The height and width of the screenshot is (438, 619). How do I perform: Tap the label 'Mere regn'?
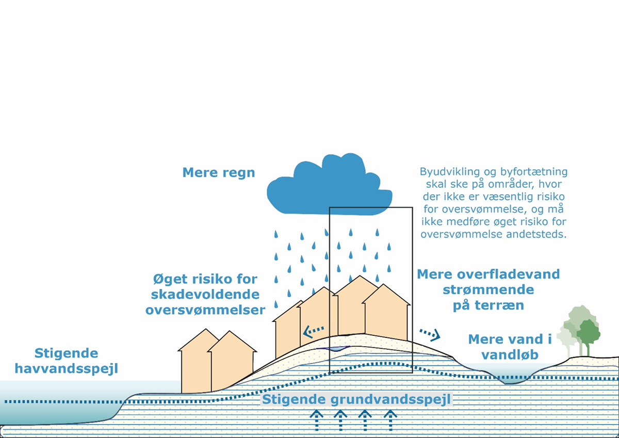click(219, 172)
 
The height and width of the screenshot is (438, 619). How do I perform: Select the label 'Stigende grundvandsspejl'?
click(356, 399)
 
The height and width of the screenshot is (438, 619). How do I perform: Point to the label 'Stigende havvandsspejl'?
click(66, 361)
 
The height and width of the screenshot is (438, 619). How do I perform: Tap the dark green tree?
click(588, 333)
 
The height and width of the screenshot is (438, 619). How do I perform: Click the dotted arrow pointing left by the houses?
click(313, 331)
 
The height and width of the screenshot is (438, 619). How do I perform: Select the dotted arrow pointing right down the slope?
click(430, 334)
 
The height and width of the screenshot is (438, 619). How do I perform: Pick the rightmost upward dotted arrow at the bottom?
click(390, 420)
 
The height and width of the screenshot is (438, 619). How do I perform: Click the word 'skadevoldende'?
click(205, 295)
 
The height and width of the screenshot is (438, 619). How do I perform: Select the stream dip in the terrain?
click(508, 379)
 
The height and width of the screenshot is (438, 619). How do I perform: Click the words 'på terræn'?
click(488, 305)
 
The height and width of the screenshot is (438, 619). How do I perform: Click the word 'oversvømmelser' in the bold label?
click(205, 310)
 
